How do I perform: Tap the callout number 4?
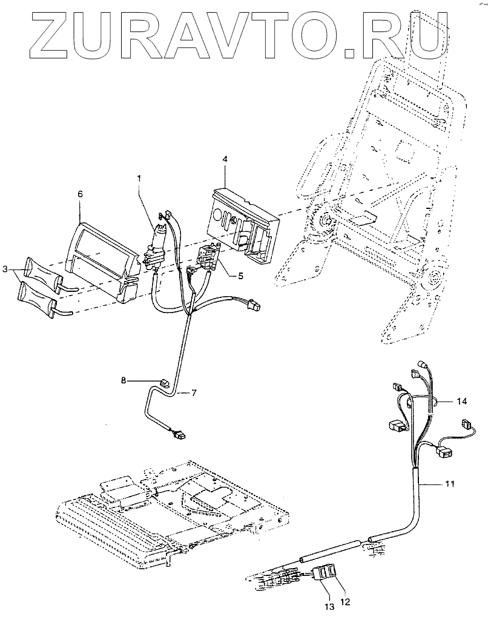[225, 159]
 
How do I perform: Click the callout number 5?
[240, 276]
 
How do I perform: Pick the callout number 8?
[124, 380]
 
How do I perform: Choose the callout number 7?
[194, 393]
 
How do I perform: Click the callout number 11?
[449, 484]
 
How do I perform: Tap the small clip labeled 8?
[164, 382]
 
